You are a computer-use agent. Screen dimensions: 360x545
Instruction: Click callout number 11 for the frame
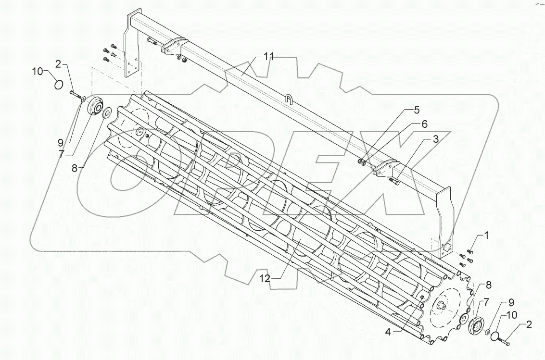click(x=268, y=57)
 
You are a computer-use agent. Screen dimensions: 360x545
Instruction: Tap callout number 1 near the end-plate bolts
click(x=486, y=236)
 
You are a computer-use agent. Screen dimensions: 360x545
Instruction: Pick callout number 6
click(x=424, y=124)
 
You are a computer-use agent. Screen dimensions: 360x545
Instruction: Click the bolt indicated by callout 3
click(x=393, y=181)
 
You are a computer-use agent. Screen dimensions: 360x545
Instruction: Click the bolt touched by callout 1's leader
click(x=470, y=252)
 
